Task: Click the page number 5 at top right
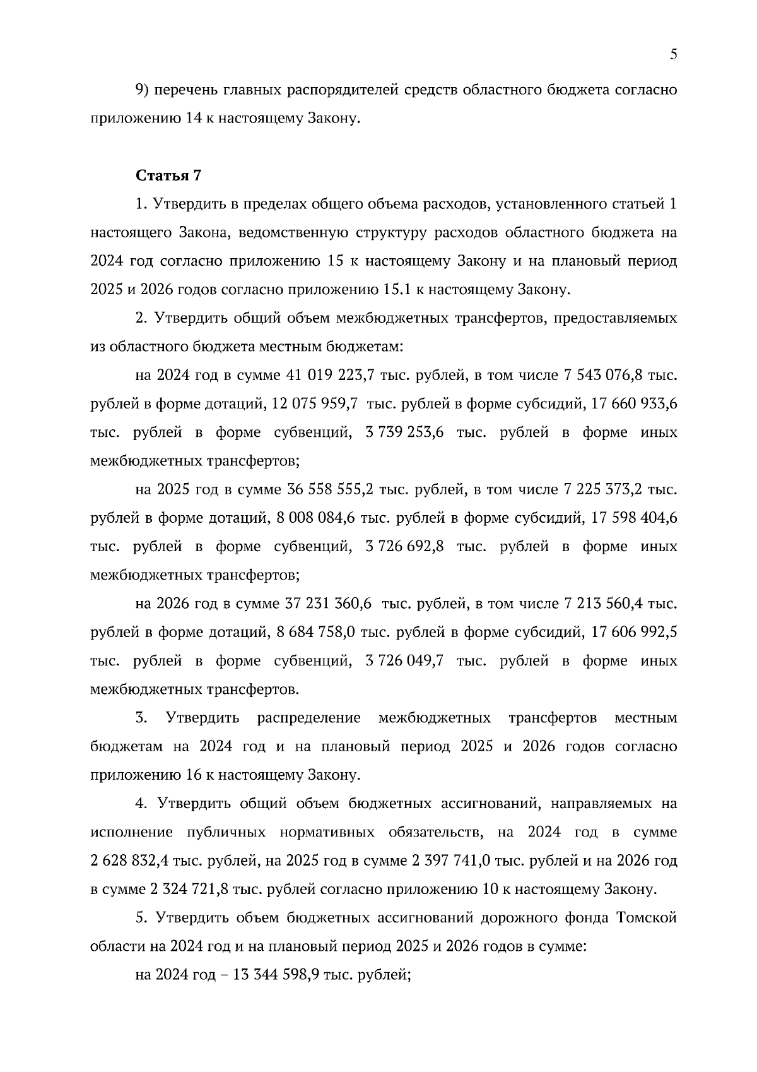pyautogui.click(x=673, y=55)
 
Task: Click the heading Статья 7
pyautogui.click(x=168, y=176)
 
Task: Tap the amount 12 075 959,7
pyautogui.click(x=315, y=404)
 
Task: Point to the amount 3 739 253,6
pyautogui.click(x=404, y=432)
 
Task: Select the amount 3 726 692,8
pyautogui.click(x=404, y=547)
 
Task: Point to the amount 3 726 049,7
pyautogui.click(x=404, y=661)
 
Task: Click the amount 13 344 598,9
pyautogui.click(x=276, y=975)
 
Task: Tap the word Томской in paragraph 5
pyautogui.click(x=645, y=918)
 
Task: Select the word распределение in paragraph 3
pyautogui.click(x=309, y=718)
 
